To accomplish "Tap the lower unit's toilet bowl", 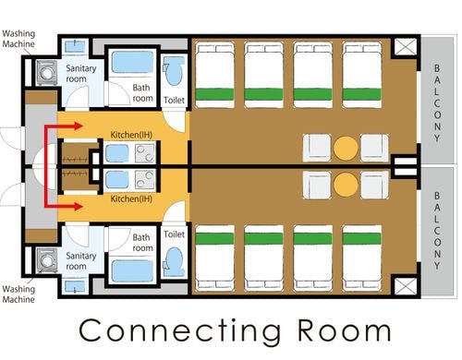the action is [174, 262].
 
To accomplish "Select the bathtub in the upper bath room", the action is [132, 62].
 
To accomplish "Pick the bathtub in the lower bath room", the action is [132, 271].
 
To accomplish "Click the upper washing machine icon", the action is [46, 73].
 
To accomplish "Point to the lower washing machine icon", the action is [46, 260].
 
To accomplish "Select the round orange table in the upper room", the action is [346, 148].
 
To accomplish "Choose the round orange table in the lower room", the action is [346, 185].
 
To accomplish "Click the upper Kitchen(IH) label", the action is [131, 135].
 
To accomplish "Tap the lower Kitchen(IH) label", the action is [131, 198].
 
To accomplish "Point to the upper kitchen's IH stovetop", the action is [144, 153].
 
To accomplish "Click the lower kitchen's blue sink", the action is [117, 179].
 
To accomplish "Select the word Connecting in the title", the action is [180, 330].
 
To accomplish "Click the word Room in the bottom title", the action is [344, 330].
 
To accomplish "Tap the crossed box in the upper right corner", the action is [406, 47].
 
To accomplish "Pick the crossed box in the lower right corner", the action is [406, 286].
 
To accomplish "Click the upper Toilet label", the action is [174, 100].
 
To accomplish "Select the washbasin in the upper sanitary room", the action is [75, 46].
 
